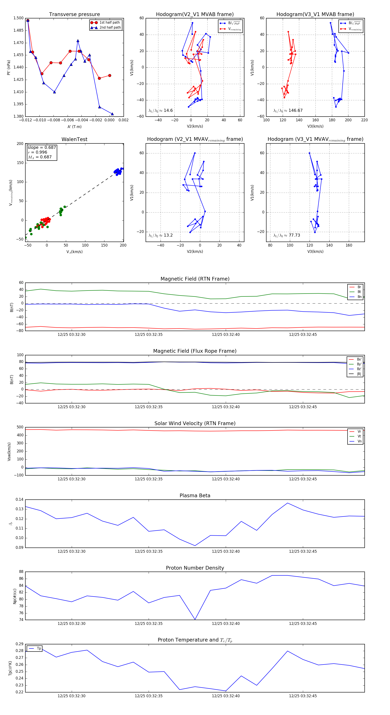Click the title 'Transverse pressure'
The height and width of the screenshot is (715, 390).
coord(74,15)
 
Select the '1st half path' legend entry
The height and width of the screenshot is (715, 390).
coord(109,23)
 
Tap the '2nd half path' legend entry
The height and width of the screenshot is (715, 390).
coord(110,28)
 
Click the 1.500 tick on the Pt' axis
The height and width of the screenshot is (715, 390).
coord(19,18)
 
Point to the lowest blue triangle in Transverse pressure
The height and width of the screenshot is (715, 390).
coord(112,114)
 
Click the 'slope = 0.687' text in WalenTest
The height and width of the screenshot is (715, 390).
coord(42,147)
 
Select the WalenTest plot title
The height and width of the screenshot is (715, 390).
coord(74,139)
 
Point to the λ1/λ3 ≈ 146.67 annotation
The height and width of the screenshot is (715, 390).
coord(288,110)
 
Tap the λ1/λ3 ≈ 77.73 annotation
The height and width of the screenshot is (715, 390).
coord(286,235)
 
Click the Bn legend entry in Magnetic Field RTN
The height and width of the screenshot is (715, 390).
coord(359,297)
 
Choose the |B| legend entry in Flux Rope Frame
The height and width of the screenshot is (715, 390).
coord(359,374)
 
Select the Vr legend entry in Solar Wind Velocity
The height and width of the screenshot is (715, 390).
coord(359,432)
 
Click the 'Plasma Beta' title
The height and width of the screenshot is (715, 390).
coord(195,496)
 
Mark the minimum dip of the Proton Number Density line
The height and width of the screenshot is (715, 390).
coord(195,619)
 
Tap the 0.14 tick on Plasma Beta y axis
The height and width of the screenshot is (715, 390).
coord(19,499)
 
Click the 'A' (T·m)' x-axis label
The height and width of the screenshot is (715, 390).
coord(74,127)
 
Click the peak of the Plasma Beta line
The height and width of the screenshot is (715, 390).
coord(288,503)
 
